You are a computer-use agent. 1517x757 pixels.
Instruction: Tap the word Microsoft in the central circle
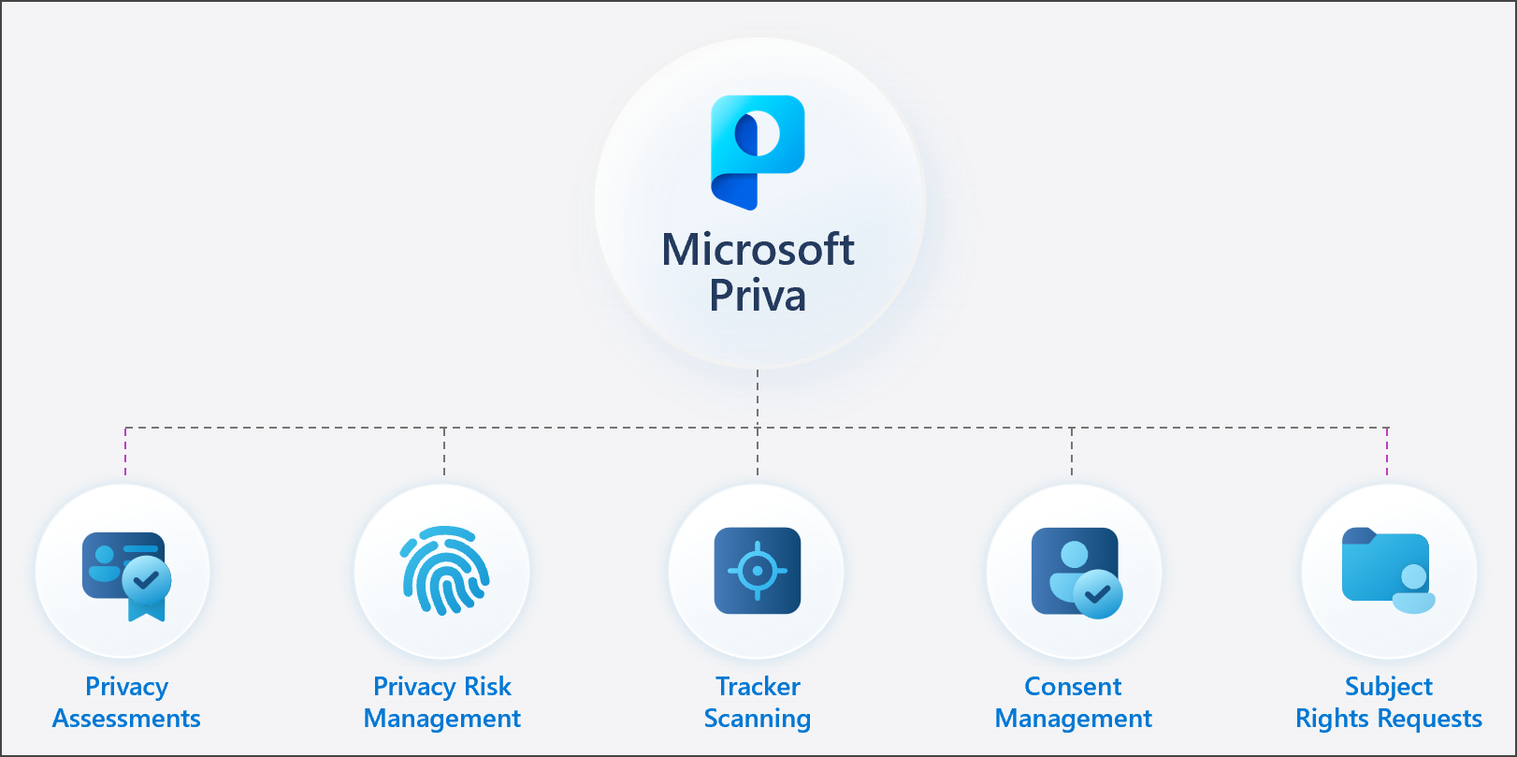point(758,250)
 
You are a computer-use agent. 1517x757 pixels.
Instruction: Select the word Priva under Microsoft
point(758,296)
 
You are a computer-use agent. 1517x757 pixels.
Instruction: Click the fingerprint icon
point(445,571)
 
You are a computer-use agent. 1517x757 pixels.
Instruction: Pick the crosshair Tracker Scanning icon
point(758,571)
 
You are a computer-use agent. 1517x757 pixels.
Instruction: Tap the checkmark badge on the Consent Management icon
point(1098,593)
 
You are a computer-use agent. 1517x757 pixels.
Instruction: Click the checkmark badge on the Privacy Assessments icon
point(147,580)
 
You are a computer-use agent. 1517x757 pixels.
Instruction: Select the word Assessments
point(126,719)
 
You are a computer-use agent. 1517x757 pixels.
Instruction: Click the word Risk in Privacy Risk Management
point(488,687)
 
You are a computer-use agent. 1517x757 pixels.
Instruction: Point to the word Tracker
point(758,687)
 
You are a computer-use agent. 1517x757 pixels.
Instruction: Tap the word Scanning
point(758,719)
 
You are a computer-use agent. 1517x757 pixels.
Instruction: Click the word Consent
point(1073,687)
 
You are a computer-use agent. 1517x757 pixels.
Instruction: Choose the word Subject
point(1388,687)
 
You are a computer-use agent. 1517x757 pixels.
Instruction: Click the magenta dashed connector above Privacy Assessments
point(125,451)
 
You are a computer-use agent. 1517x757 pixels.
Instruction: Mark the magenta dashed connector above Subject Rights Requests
point(1387,451)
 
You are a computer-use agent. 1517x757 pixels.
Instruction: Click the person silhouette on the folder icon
point(1413,590)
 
